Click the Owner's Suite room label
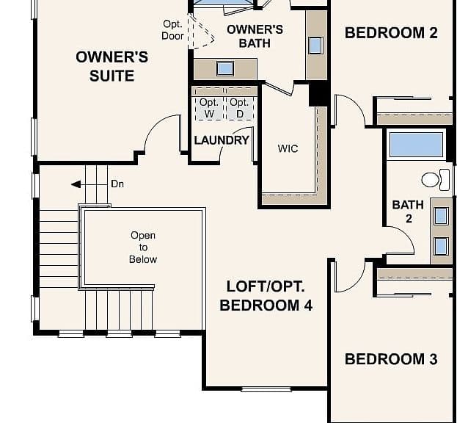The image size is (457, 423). pyautogui.click(x=112, y=66)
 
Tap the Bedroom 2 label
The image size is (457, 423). pyautogui.click(x=391, y=32)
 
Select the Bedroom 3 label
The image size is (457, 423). pyautogui.click(x=391, y=359)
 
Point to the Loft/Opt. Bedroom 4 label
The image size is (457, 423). pyautogui.click(x=266, y=296)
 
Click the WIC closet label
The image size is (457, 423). pyautogui.click(x=288, y=149)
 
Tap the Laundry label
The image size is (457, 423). pyautogui.click(x=222, y=140)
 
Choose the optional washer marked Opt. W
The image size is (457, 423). pyautogui.click(x=209, y=108)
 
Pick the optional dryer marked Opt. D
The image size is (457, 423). pyautogui.click(x=240, y=108)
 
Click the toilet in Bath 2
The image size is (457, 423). pyautogui.click(x=436, y=180)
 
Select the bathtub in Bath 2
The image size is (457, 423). pyautogui.click(x=416, y=145)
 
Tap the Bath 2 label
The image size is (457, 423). pyautogui.click(x=409, y=211)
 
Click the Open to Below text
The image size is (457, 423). pyautogui.click(x=143, y=247)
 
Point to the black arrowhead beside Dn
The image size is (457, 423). pyautogui.click(x=76, y=184)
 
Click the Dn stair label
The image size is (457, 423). pyautogui.click(x=117, y=184)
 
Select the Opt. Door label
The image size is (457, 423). pyautogui.click(x=172, y=30)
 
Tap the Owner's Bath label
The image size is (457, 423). pyautogui.click(x=255, y=37)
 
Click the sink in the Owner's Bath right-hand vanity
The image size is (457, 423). pyautogui.click(x=315, y=46)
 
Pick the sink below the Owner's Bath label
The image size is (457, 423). pyautogui.click(x=225, y=69)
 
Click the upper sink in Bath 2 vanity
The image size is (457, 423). pyautogui.click(x=441, y=216)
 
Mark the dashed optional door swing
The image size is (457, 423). pyautogui.click(x=201, y=32)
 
